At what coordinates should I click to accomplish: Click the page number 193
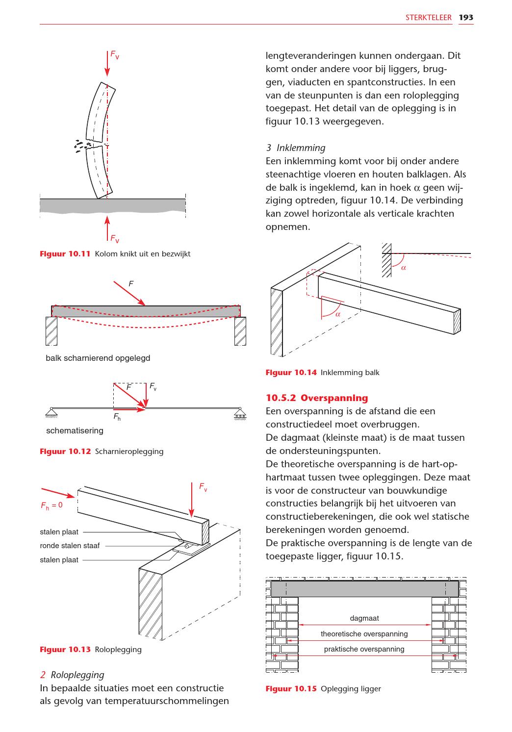pos(466,18)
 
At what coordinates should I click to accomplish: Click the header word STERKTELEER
pos(428,18)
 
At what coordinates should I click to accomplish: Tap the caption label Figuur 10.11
pos(65,254)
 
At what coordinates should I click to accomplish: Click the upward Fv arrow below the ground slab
pos(107,229)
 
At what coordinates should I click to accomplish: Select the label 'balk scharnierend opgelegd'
pos(98,358)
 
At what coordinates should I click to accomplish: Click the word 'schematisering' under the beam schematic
pos(75,430)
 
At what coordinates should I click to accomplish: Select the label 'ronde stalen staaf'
pos(70,546)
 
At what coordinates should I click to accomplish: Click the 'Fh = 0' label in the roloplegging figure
pos(51,505)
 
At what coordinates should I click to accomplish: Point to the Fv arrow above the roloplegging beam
pos(191,500)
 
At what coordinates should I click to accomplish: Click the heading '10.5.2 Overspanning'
pos(316,398)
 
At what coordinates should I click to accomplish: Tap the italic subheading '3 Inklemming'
pos(295,148)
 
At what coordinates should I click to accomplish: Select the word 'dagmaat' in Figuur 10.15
pos(364,618)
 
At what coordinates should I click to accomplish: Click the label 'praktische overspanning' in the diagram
pos(364,649)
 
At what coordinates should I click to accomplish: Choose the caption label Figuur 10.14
pos(291,373)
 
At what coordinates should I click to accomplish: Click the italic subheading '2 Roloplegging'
pos(72,675)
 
